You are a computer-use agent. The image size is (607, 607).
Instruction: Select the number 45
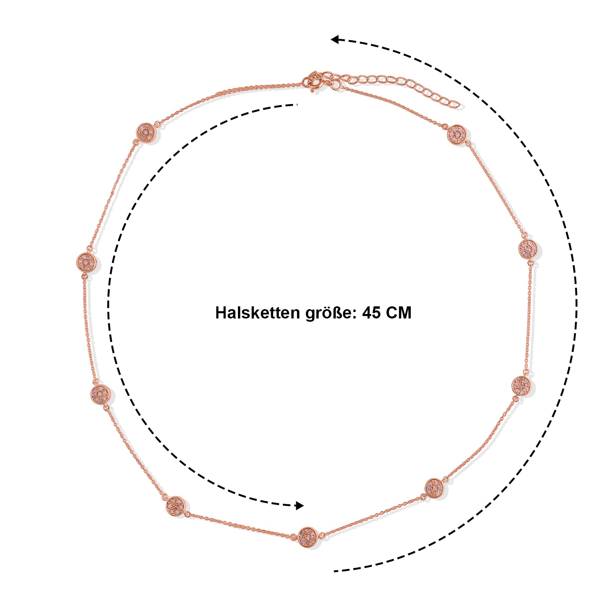tap(371, 313)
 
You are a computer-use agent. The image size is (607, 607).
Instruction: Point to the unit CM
tap(399, 313)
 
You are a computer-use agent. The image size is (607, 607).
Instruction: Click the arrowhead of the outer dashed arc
tap(335, 39)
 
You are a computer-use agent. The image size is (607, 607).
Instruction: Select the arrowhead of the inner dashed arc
tap(299, 505)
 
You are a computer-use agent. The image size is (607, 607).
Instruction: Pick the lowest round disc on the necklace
tap(308, 537)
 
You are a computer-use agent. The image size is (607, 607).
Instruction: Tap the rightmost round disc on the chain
tap(528, 248)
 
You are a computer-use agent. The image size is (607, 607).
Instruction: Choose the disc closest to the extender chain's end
tap(457, 134)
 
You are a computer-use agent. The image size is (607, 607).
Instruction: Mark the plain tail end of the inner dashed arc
tap(297, 105)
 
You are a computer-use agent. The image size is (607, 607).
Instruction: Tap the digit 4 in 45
tap(367, 313)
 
